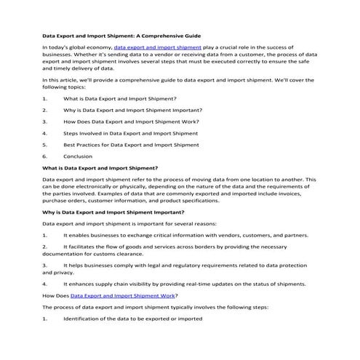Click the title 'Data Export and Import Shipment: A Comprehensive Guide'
click(x=121, y=35)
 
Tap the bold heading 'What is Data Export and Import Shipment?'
click(x=101, y=167)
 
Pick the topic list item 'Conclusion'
click(x=78, y=156)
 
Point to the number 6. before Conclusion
click(x=45, y=156)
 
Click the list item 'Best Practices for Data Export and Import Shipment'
click(x=131, y=145)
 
